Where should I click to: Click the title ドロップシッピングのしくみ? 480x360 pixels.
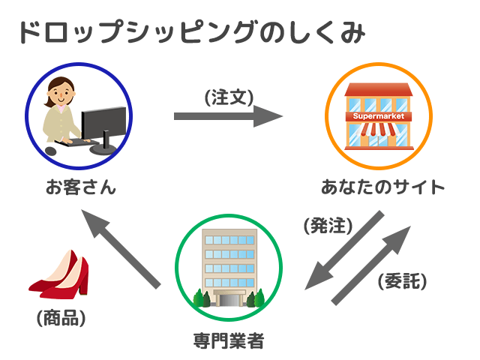(x=192, y=31)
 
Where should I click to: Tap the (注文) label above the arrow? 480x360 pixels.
(x=229, y=97)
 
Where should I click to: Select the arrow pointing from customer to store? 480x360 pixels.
(x=228, y=116)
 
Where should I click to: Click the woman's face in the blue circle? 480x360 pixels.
(x=61, y=93)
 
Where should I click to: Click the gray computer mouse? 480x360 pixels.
(x=51, y=151)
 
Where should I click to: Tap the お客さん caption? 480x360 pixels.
(x=81, y=187)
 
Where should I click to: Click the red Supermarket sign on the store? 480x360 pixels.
(x=378, y=116)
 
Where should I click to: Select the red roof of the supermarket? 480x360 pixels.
(x=378, y=89)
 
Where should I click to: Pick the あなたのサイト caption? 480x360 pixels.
(x=382, y=187)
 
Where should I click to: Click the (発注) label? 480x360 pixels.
(x=328, y=226)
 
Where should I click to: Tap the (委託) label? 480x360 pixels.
(x=402, y=280)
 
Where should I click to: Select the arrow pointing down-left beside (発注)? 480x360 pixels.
(x=344, y=250)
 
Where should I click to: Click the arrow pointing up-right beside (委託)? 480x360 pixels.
(x=371, y=265)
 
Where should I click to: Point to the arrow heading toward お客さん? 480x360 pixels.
(x=121, y=249)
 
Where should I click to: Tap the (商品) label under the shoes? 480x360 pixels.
(x=61, y=318)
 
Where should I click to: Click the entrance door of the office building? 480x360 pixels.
(x=229, y=300)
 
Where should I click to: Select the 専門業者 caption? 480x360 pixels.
(x=229, y=340)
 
